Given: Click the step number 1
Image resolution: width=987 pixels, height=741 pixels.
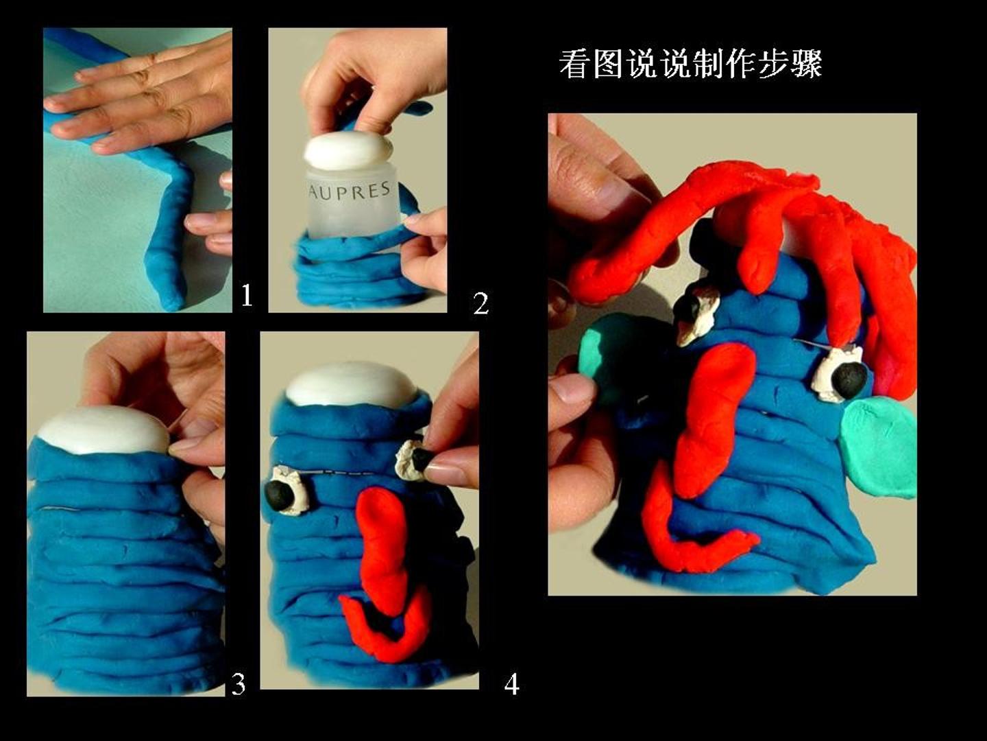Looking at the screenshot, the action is tap(247, 296).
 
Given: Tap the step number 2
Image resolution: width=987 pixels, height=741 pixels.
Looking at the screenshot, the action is tap(480, 303).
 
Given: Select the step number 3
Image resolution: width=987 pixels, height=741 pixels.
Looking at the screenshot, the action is tap(238, 684).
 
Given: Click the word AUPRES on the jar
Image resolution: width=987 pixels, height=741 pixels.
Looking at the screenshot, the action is tap(350, 191).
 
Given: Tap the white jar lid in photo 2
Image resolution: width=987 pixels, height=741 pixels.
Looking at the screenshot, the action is tap(348, 150).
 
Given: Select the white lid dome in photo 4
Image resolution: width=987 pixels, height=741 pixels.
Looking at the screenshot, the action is tap(351, 384).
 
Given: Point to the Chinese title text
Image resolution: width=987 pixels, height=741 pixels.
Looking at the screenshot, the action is tap(691, 64).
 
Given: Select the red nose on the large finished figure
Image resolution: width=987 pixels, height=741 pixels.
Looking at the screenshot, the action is tap(715, 423).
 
